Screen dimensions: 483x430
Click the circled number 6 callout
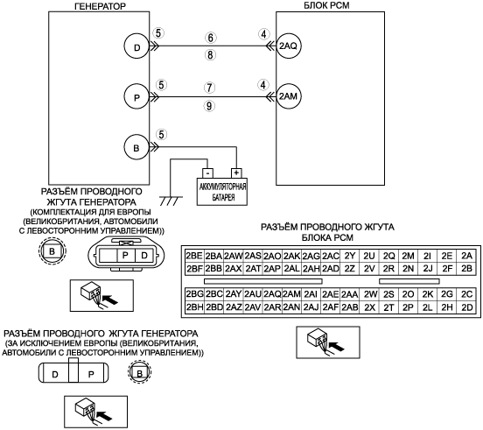coord(210,38)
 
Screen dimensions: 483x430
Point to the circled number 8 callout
coord(210,55)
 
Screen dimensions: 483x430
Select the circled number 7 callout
coord(209,88)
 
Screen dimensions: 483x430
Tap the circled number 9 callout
coord(209,106)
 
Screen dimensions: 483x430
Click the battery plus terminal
coord(236,173)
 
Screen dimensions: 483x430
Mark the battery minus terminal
coord(207,173)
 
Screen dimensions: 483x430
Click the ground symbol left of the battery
coord(171,201)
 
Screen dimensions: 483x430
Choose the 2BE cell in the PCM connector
coord(194,256)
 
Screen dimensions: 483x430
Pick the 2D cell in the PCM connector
coord(467,307)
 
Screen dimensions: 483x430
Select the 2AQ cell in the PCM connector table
coord(273,294)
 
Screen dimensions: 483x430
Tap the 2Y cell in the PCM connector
coord(350,256)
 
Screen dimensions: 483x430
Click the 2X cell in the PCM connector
coord(369,307)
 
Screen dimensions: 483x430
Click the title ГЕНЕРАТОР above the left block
coord(100,6)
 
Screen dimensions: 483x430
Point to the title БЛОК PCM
coord(326,5)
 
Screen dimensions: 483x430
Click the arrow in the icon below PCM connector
coord(337,346)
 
